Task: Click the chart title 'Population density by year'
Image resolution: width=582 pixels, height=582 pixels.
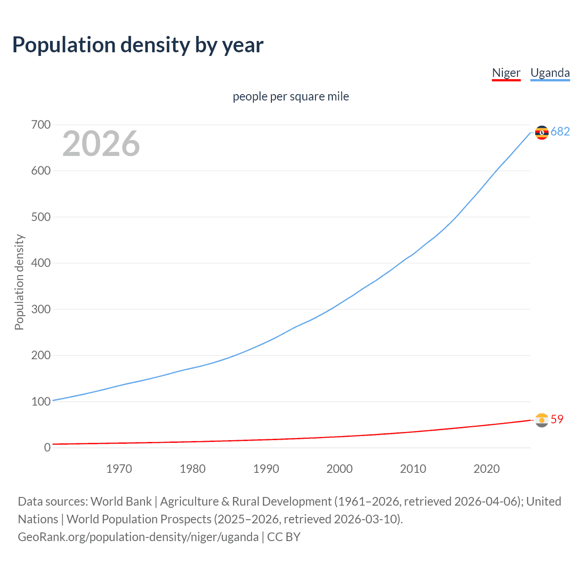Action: (138, 45)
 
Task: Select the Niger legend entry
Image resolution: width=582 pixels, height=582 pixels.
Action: (506, 73)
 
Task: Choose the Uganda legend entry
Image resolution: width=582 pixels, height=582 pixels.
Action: (550, 73)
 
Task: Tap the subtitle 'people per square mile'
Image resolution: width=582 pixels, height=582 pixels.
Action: (291, 96)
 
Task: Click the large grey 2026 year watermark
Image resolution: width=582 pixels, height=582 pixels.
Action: (101, 144)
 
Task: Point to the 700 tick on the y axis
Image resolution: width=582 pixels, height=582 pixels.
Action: (41, 125)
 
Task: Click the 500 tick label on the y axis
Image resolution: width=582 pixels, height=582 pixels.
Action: (41, 217)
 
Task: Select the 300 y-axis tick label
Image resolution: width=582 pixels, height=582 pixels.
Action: (41, 309)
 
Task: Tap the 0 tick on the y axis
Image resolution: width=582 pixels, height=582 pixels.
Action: (47, 447)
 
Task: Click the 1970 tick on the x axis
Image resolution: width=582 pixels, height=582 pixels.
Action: (119, 469)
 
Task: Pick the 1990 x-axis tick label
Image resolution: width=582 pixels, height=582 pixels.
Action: (266, 469)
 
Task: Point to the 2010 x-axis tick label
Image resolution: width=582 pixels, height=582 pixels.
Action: (413, 469)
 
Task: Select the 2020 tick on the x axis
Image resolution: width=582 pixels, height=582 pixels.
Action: (487, 469)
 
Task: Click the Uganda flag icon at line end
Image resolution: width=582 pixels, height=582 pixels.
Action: (542, 132)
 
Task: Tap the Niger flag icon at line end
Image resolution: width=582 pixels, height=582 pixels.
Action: (542, 420)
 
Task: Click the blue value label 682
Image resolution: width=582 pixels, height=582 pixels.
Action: (560, 132)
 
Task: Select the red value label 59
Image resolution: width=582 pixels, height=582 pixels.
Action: (557, 419)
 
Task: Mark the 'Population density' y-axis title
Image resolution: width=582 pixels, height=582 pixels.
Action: (19, 282)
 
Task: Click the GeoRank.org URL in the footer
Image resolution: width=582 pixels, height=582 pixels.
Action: (138, 537)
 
